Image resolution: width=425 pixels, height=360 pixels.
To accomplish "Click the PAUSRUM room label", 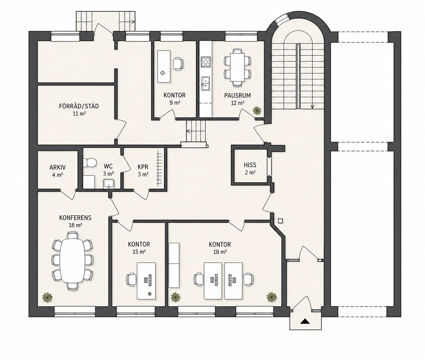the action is tap(237, 95).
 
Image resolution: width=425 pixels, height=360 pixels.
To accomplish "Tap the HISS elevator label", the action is tap(250, 165).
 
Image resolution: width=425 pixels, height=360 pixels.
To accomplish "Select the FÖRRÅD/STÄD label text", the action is tap(79, 106).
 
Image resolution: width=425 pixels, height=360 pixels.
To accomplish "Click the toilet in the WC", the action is tap(90, 163).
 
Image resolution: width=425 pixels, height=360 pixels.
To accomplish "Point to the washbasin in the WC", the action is tap(109, 184).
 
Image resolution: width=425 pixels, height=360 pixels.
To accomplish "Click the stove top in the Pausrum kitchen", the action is tap(206, 62).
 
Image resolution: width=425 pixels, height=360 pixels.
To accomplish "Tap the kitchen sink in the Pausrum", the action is tap(205, 84).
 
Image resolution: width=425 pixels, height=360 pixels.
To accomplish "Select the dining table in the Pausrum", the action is tap(237, 67).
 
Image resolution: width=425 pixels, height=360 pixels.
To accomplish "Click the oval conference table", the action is tap(72, 261).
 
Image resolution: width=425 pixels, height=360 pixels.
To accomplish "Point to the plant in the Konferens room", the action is tap(47, 297).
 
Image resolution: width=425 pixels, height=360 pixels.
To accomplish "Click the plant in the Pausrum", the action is tap(257, 110).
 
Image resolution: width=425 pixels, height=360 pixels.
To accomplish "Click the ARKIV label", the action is tap(57, 167).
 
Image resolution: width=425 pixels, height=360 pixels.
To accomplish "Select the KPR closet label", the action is tap(143, 167).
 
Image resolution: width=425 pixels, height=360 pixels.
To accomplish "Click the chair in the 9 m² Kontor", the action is tap(178, 64).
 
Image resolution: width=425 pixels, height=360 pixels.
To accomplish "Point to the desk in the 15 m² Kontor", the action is tap(146, 281).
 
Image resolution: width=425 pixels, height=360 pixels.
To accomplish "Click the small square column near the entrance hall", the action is tap(280, 221).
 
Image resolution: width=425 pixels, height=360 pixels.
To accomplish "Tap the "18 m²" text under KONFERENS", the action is tap(76, 225).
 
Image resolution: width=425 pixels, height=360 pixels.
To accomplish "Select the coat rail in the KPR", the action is tap(159, 168).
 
